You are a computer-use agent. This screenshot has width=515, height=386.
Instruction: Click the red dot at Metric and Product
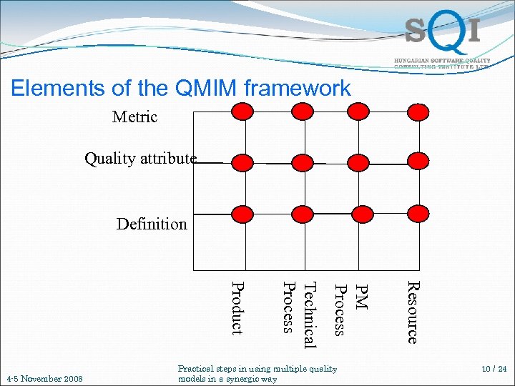pos(243,111)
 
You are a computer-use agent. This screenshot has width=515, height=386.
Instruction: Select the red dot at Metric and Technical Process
pos(302,111)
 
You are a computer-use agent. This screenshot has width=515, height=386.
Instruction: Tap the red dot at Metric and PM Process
pos(359,111)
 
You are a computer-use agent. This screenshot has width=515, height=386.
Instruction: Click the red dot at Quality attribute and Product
pos(243,162)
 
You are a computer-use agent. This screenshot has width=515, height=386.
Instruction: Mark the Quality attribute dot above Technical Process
pos(302,162)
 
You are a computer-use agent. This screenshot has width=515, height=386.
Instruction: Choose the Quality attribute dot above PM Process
pos(359,162)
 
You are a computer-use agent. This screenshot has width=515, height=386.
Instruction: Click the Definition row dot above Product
pos(243,214)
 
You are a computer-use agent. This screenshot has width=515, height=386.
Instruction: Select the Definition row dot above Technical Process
pos(302,214)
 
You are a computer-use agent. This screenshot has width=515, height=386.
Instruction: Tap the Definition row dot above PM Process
pos(359,214)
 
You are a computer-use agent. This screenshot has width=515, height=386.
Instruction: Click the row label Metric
pos(134,117)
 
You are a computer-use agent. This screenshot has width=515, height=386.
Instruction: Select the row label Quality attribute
pos(140,159)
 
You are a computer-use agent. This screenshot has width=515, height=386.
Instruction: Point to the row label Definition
pos(152,224)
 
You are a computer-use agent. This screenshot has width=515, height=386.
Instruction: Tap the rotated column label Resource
pos(412,312)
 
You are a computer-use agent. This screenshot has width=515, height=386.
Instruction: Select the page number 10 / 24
pos(494,370)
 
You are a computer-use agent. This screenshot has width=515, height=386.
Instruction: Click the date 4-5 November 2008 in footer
pos(44,378)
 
